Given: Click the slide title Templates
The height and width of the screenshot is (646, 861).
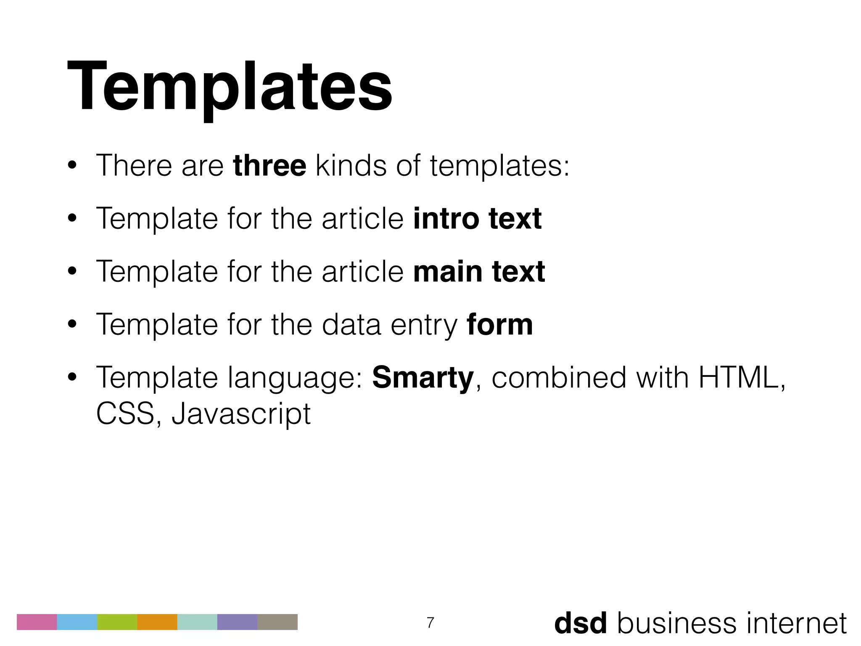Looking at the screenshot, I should point(229,86).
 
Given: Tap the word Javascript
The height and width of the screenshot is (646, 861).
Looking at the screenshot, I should point(241,414).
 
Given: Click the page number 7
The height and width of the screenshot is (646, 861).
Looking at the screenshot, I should point(430,622).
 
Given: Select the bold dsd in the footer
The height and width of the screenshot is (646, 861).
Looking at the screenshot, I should point(580,623).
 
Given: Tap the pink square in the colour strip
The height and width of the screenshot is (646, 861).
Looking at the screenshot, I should point(37,622).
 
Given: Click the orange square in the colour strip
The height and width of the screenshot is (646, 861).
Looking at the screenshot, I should point(157,622).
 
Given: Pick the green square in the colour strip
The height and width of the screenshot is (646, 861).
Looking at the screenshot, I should point(117,622).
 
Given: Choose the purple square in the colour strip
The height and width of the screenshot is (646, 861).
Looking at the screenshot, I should point(237,622).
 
